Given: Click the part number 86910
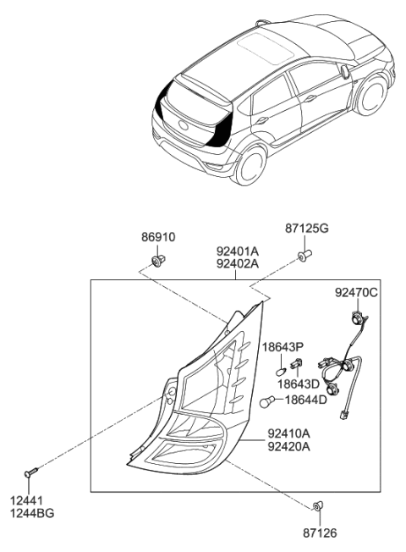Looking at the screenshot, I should click(158, 237).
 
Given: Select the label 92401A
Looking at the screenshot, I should click(239, 251).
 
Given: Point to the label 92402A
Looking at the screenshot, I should click(239, 263).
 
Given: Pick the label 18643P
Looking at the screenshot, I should click(285, 347).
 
